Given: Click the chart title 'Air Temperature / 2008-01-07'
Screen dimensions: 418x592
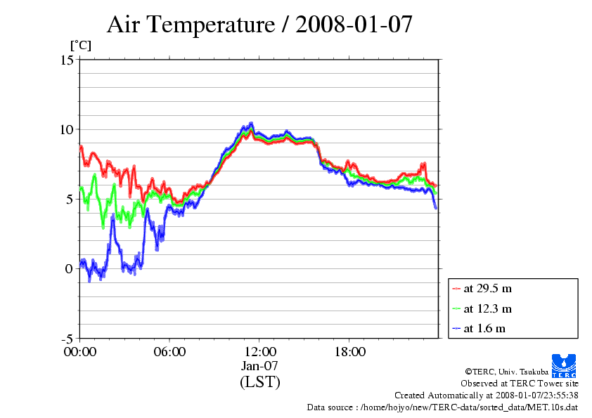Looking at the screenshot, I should [259, 25].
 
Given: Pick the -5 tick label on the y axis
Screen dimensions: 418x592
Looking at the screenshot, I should [67, 339].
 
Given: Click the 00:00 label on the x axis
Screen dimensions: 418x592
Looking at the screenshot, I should [79, 352].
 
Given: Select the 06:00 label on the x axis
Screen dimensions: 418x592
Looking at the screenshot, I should [169, 352].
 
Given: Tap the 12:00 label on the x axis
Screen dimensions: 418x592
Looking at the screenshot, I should [259, 352].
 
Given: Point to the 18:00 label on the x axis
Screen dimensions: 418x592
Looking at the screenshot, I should [349, 352].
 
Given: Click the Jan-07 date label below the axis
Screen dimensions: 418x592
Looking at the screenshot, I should [259, 366].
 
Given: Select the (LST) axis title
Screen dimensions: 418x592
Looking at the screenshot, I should [259, 382].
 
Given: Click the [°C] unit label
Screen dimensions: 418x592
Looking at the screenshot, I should [80, 46].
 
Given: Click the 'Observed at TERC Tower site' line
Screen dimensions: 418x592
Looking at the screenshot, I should [520, 384].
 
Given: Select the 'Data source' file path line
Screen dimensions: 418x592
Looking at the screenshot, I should [442, 407].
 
